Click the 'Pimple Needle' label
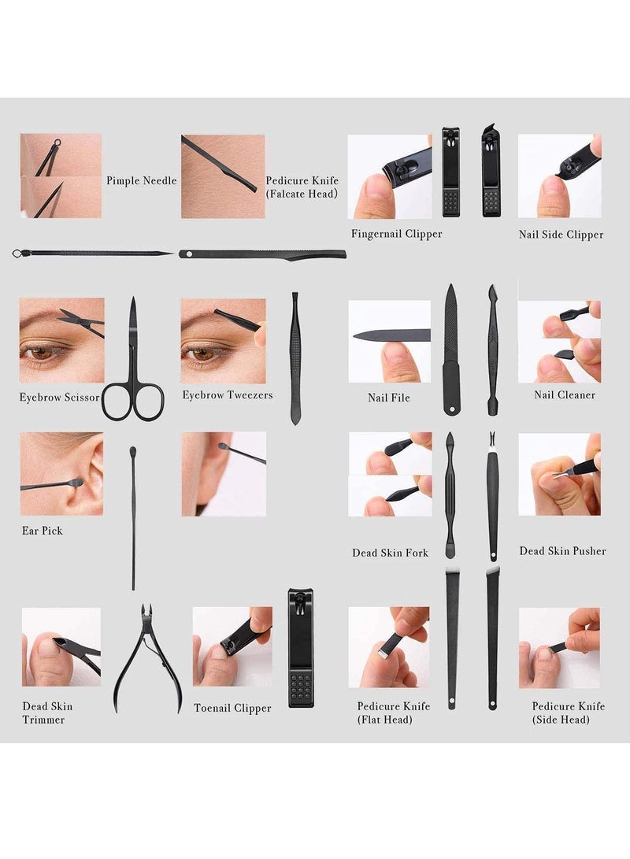pyautogui.click(x=142, y=180)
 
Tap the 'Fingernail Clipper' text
pyautogui.click(x=397, y=234)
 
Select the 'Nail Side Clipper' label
pyautogui.click(x=561, y=234)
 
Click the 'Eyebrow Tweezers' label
pyautogui.click(x=228, y=394)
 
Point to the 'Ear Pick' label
pyautogui.click(x=42, y=531)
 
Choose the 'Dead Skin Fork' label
pyautogui.click(x=391, y=553)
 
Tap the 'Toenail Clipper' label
pyautogui.click(x=233, y=708)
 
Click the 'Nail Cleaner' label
pyautogui.click(x=565, y=394)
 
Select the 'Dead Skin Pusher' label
pyautogui.click(x=562, y=551)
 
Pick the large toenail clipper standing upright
pyautogui.click(x=301, y=647)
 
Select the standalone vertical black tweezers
pyautogui.click(x=295, y=358)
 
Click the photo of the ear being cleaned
pyautogui.click(x=61, y=474)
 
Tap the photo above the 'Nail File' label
pyautogui.click(x=390, y=341)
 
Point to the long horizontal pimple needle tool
pyautogui.click(x=92, y=254)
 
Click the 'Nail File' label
pyautogui.click(x=389, y=398)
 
